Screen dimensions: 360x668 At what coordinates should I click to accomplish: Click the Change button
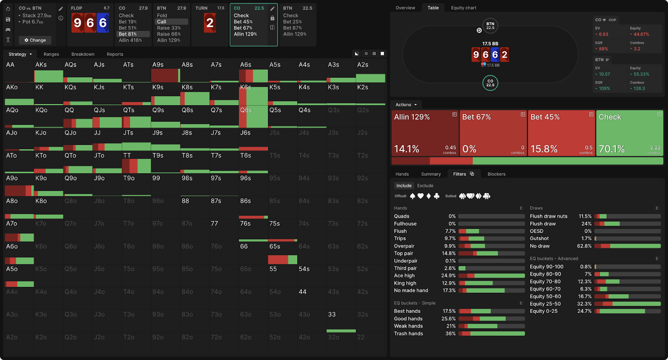35,40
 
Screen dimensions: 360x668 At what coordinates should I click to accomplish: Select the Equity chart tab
463,8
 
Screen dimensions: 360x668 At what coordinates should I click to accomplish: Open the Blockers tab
496,174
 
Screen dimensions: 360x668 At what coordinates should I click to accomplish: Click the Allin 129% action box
425,133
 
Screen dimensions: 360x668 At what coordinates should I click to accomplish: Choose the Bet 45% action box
561,133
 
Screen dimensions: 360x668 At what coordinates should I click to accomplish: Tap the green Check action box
629,133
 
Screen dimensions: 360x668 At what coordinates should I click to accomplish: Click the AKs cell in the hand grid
48,71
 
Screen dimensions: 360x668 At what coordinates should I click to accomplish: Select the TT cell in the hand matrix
136,162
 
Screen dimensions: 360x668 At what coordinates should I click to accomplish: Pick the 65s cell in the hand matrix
282,253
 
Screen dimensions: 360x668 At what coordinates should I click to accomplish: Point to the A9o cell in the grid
19,185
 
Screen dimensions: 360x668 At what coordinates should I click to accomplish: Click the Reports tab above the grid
115,54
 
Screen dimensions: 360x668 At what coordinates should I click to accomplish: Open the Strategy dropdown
20,54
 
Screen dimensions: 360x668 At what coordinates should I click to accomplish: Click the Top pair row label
404,254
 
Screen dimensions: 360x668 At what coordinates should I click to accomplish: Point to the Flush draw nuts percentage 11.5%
585,216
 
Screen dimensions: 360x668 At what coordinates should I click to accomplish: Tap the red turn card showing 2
210,23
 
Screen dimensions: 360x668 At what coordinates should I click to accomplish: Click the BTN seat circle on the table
490,26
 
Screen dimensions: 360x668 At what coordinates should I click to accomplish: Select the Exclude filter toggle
425,186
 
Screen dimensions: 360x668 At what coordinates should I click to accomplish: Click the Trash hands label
408,334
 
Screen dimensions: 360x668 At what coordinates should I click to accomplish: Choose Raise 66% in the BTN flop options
169,34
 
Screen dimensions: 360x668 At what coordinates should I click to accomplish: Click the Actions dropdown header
406,105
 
